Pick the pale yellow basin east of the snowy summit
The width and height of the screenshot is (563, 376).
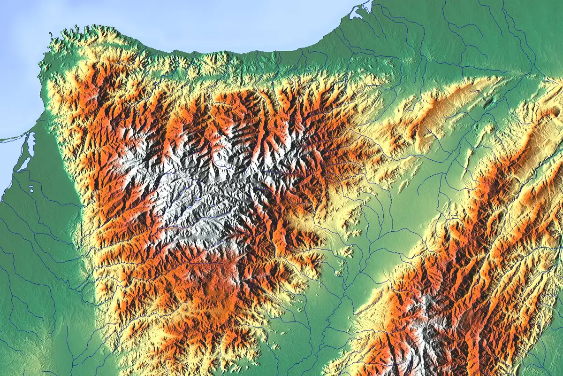pos(305,221)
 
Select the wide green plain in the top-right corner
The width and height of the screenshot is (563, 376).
pos(493,28)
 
